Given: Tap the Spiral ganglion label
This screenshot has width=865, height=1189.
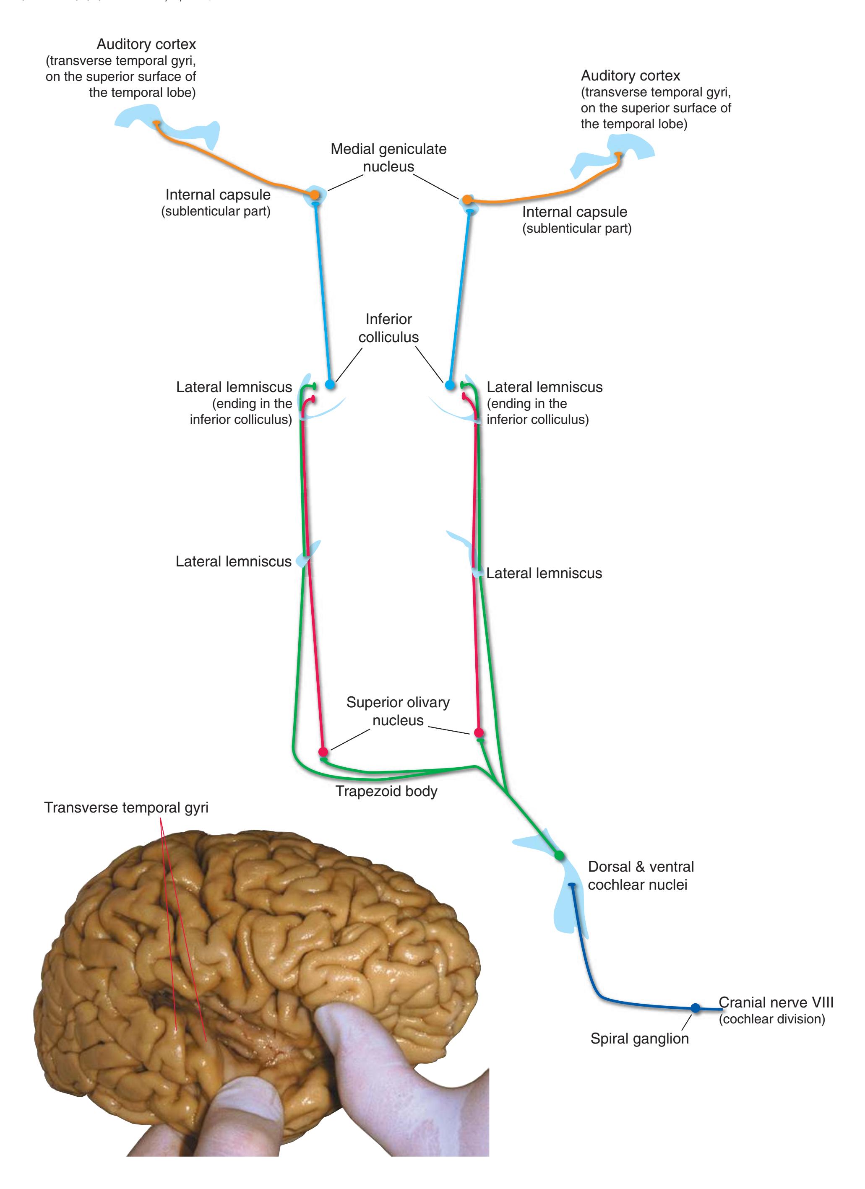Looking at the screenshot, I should (639, 1038).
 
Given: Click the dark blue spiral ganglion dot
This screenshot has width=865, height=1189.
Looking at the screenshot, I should (695, 1007).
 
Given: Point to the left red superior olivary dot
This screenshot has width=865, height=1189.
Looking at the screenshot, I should (323, 752).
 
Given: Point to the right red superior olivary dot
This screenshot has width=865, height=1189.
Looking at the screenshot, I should (478, 732).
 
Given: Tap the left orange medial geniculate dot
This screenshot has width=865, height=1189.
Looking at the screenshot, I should (314, 195).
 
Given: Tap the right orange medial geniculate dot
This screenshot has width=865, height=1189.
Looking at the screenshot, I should (467, 200).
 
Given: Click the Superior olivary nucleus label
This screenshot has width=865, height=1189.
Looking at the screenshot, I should (398, 711).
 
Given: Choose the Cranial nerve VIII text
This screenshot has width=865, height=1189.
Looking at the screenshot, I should (775, 1002).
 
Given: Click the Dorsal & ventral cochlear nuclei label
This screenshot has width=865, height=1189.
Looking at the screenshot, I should (640, 875).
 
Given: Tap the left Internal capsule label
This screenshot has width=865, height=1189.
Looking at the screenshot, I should (218, 195).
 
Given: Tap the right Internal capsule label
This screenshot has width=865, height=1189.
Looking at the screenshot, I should (574, 212).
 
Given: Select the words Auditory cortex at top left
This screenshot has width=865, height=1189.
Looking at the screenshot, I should (146, 44).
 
